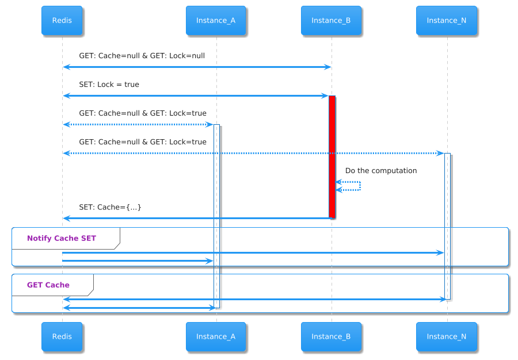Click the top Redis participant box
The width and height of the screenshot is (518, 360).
point(62,21)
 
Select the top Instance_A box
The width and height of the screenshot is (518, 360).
point(216,21)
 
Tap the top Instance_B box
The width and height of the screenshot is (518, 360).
point(331,21)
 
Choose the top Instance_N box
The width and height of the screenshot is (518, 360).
point(447,21)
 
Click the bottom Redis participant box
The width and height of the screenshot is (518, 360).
point(62,336)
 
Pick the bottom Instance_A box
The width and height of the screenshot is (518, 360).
point(216,336)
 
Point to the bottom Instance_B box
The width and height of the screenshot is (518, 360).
point(331,336)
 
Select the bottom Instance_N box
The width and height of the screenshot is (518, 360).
point(447,336)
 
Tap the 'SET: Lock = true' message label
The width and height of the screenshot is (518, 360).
point(109,85)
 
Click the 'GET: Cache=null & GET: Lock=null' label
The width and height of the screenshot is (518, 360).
point(142,56)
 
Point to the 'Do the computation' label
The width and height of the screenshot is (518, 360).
point(381,171)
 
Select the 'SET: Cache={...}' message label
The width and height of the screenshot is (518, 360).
point(110,207)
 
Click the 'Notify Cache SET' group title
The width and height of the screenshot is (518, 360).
point(62,238)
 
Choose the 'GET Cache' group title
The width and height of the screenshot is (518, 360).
point(48,285)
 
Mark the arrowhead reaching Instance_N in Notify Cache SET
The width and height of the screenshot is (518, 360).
point(440,253)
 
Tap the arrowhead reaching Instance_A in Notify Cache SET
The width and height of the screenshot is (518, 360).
point(210,261)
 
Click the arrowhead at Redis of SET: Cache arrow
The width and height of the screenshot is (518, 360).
point(66,219)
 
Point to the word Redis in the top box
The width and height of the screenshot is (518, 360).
point(62,21)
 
